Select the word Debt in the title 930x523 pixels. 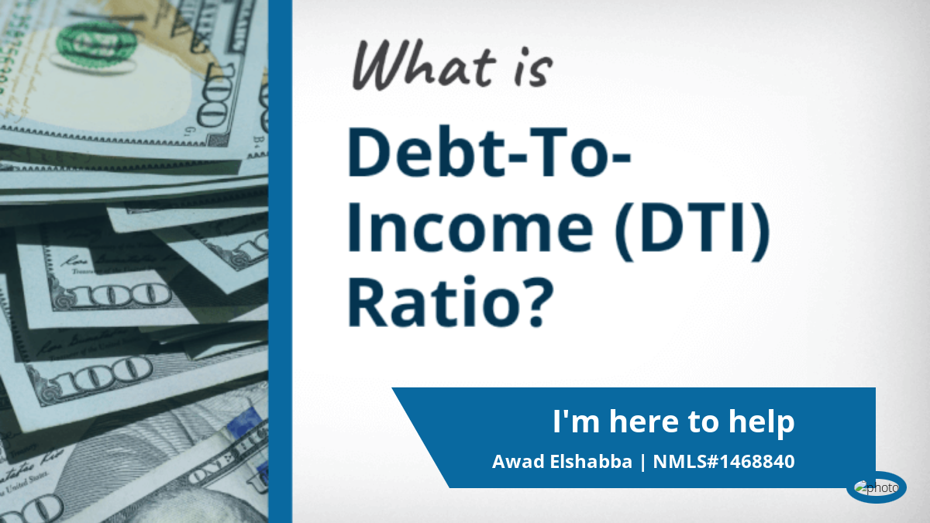pyautogui.click(x=426, y=153)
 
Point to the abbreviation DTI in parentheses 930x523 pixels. pyautogui.click(x=691, y=228)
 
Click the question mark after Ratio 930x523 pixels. pyautogui.click(x=539, y=301)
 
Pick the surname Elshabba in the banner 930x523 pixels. pyautogui.click(x=591, y=462)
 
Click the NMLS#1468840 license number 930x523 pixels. pyautogui.click(x=724, y=462)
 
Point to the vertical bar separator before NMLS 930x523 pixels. pyautogui.click(x=643, y=463)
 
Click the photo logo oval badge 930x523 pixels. pyautogui.click(x=876, y=487)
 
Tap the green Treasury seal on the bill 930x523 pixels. pyautogui.click(x=96, y=44)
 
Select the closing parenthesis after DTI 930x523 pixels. pyautogui.click(x=758, y=232)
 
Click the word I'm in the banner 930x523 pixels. pyautogui.click(x=575, y=421)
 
